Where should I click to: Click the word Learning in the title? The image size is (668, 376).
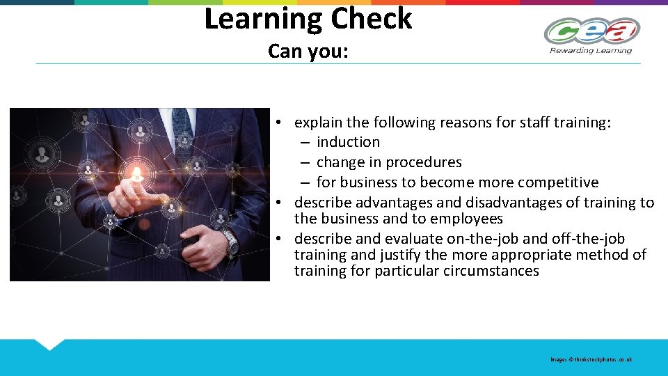[262, 19]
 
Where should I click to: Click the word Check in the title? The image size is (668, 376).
[372, 19]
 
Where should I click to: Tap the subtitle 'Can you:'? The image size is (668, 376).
[308, 52]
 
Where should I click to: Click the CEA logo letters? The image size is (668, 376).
[591, 31]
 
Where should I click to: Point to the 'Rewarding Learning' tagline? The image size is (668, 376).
[591, 50]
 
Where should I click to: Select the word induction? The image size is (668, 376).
[348, 142]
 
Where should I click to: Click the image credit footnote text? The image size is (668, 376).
[591, 359]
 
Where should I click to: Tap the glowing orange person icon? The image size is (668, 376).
[137, 173]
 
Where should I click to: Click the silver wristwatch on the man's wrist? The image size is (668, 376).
[229, 242]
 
